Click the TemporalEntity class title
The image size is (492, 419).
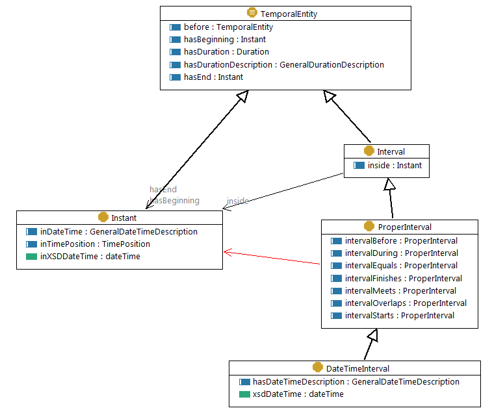[x=289, y=13]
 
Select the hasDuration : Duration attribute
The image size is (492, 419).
[x=226, y=52]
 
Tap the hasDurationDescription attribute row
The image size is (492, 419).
[x=283, y=65]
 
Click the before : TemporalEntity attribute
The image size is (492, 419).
[x=228, y=27]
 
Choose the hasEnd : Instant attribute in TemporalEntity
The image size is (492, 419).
[x=213, y=77]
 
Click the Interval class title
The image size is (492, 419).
[x=391, y=151]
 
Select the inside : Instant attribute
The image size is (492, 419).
[x=395, y=166]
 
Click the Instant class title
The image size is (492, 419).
[x=123, y=218]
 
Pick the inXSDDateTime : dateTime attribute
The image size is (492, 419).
[x=90, y=257]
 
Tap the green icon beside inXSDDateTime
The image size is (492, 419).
[x=32, y=257]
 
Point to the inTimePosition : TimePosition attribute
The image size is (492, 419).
[x=95, y=244]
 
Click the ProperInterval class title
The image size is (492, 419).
[x=405, y=227]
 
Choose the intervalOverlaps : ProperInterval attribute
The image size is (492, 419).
[x=406, y=303]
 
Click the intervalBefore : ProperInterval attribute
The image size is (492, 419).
[x=401, y=241]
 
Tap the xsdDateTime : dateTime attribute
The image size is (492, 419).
[x=298, y=394]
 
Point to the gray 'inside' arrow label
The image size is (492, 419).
[x=237, y=201]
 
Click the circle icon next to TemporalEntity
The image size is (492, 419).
[x=252, y=13]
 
